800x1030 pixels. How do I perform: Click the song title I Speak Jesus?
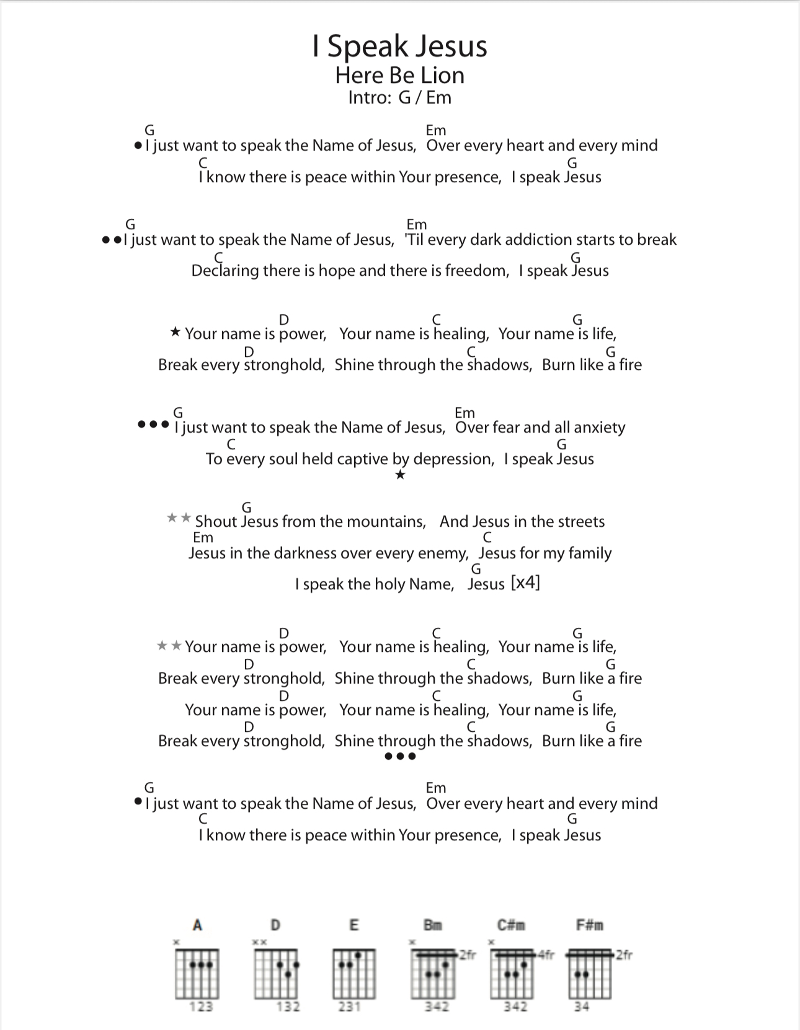pyautogui.click(x=400, y=46)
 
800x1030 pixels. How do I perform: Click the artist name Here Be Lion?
pyautogui.click(x=400, y=76)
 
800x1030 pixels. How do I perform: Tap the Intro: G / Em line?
pyautogui.click(x=400, y=98)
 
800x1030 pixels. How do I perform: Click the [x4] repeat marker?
pyautogui.click(x=525, y=583)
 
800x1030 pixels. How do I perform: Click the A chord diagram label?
pyautogui.click(x=197, y=925)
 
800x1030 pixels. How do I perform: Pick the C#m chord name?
pyautogui.click(x=511, y=925)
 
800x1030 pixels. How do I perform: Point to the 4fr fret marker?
pyautogui.click(x=546, y=955)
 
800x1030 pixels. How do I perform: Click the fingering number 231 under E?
pyautogui.click(x=349, y=1007)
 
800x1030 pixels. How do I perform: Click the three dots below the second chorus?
pyautogui.click(x=400, y=756)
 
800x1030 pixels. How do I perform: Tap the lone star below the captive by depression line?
pyautogui.click(x=400, y=475)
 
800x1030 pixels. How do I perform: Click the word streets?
pyautogui.click(x=580, y=522)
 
